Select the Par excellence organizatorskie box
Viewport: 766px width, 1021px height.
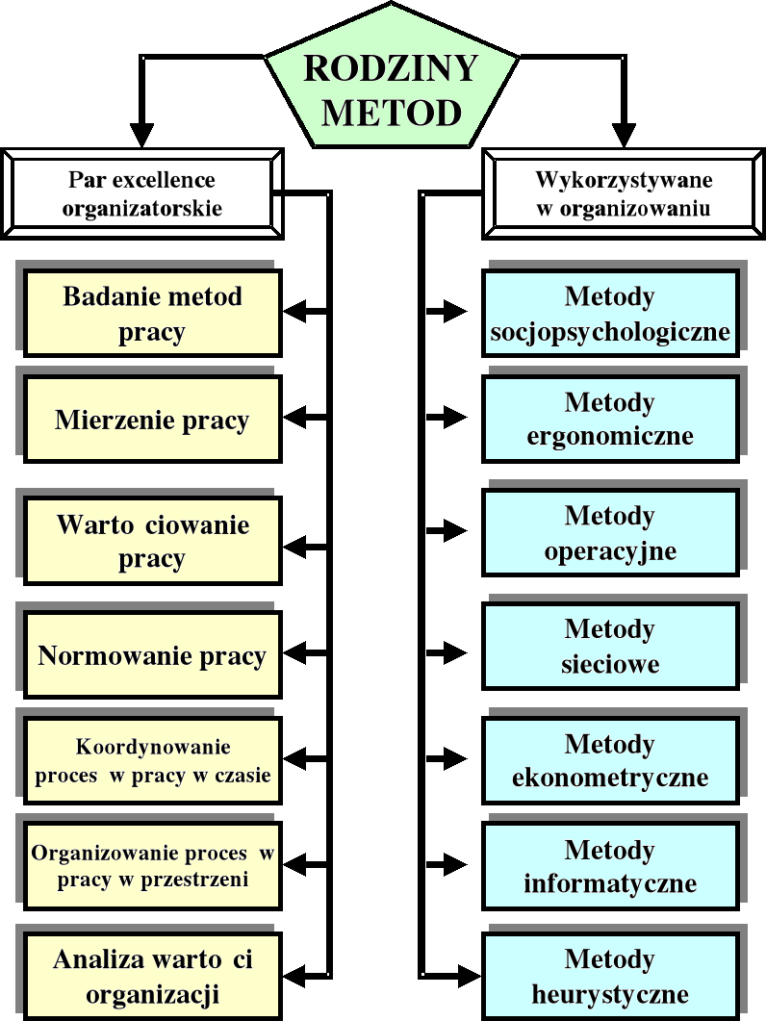click(142, 192)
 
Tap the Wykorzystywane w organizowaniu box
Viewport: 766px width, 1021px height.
click(623, 192)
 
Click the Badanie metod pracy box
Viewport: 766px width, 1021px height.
click(152, 314)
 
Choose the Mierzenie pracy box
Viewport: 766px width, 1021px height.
click(152, 420)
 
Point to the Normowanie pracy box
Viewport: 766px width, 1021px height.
click(152, 656)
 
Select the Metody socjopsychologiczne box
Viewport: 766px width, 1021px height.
click(610, 314)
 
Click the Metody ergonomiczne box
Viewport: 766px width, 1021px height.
click(610, 420)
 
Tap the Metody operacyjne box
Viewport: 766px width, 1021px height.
click(610, 533)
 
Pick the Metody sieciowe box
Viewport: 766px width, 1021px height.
click(610, 647)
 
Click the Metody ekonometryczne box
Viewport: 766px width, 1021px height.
click(610, 760)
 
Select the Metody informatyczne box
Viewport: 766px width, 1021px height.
click(610, 866)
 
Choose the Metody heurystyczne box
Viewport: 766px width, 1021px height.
click(610, 976)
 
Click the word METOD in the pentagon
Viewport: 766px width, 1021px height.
click(391, 113)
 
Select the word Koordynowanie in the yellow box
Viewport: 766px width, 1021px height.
click(153, 747)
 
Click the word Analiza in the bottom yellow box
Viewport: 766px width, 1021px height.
click(97, 959)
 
